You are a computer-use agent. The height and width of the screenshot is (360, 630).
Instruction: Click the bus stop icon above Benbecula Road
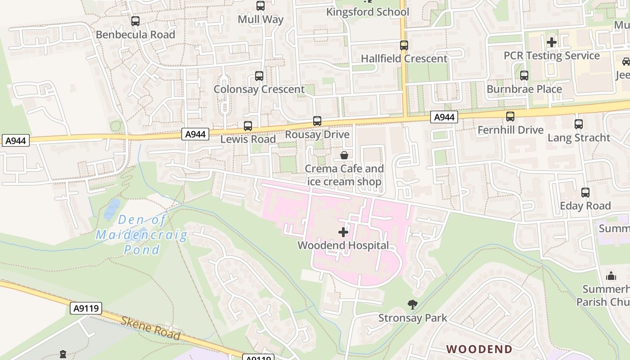coord(135,21)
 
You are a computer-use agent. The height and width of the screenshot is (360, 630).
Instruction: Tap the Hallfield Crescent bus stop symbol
coord(404,45)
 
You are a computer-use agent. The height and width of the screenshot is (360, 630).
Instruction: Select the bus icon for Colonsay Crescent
coord(259,76)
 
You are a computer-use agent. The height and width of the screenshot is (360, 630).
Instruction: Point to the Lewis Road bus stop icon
coord(247,126)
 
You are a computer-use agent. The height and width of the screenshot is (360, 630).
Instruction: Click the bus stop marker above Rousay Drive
coord(317,121)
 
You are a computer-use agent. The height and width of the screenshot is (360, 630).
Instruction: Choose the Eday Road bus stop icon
coord(585,193)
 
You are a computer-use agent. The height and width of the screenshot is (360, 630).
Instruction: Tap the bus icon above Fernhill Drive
coord(510,117)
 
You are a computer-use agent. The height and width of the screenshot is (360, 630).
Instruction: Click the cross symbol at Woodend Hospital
coord(343,232)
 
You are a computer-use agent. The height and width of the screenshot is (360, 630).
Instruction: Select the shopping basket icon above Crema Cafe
coord(344,156)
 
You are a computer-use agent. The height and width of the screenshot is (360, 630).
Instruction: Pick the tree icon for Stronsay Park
coord(412,305)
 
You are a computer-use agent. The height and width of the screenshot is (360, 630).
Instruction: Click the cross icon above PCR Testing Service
coord(551,42)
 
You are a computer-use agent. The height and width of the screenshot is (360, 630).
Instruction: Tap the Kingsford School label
coord(367,12)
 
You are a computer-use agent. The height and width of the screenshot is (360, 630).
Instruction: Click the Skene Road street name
coord(150,328)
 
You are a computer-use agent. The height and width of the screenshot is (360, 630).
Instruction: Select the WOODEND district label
coord(479,349)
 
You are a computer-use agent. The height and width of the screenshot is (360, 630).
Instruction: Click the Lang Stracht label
coord(578,138)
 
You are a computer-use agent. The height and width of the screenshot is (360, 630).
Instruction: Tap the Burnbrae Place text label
coord(524,89)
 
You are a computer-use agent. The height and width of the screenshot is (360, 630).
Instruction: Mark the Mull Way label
coord(260,19)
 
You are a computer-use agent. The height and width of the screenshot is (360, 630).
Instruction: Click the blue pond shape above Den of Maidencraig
coord(112,209)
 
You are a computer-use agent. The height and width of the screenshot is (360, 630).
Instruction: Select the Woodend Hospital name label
coord(343,246)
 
